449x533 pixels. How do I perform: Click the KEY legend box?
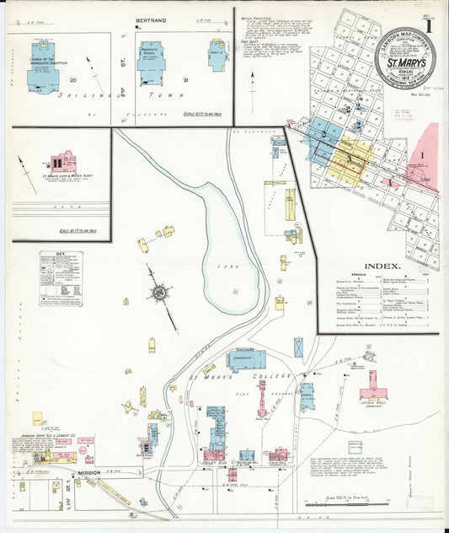pos(61,277)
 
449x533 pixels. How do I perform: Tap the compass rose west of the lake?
pos(158,293)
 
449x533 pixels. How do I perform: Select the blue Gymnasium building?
pos(245,360)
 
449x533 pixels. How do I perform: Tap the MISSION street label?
pos(90,474)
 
